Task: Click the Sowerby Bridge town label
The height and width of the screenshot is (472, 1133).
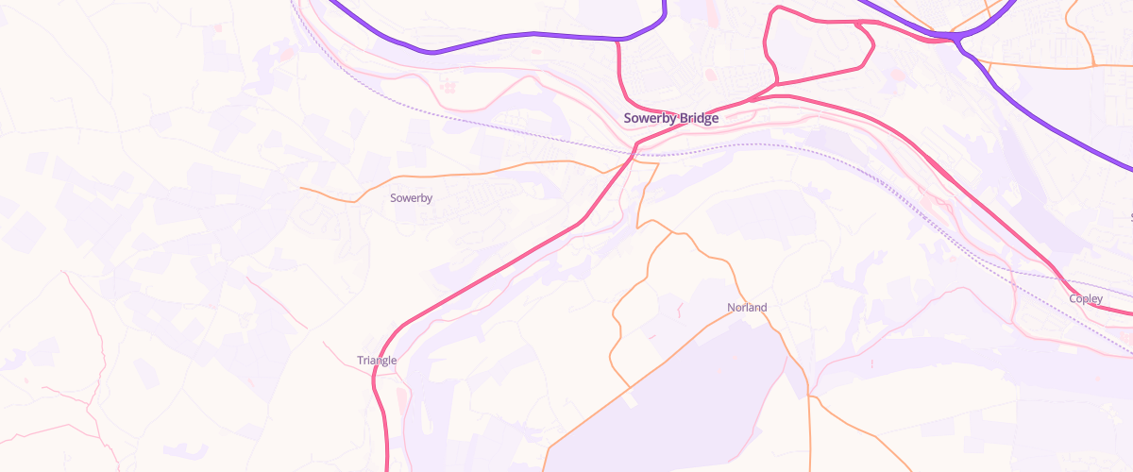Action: [x=670, y=119]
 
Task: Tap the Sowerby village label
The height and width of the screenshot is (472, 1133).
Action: [x=411, y=198]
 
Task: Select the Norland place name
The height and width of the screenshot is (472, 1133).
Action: [x=747, y=308]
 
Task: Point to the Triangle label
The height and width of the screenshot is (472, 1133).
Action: [x=377, y=361]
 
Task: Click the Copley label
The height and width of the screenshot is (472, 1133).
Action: [x=1086, y=299]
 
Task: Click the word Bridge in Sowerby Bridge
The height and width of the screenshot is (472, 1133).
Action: [x=697, y=119]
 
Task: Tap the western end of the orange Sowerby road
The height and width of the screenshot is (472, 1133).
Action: [x=301, y=188]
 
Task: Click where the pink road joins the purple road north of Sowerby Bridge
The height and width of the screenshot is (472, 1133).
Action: [x=617, y=41]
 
